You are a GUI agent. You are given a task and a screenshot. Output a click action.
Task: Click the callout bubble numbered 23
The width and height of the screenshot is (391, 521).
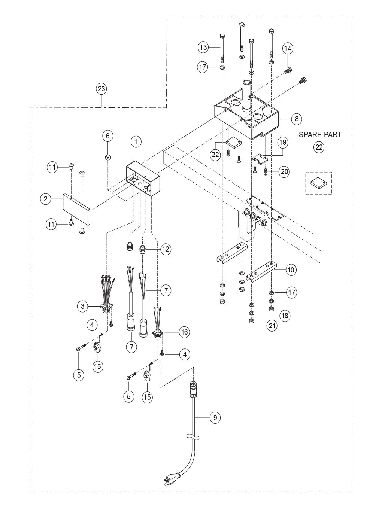click(101, 89)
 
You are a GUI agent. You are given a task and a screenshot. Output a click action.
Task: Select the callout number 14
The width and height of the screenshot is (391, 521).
click(288, 48)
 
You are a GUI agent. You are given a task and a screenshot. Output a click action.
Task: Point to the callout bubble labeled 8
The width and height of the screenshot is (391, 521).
click(297, 119)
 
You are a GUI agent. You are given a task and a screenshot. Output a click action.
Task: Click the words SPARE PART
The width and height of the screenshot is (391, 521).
click(320, 135)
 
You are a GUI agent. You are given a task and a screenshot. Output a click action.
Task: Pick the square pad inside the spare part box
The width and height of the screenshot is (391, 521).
click(318, 183)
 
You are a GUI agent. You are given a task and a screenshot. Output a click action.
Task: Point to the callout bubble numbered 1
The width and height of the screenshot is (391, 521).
click(136, 141)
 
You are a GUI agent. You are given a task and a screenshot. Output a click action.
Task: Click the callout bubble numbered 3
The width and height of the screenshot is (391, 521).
click(83, 307)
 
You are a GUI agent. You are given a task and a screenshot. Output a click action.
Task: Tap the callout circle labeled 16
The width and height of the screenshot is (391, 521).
click(184, 332)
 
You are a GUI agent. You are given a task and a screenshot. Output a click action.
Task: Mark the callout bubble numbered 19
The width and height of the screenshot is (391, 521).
click(282, 142)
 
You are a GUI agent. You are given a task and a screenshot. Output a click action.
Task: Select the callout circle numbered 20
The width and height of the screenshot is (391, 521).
click(284, 172)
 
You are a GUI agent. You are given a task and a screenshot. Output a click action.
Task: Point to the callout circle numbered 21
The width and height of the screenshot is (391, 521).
click(272, 326)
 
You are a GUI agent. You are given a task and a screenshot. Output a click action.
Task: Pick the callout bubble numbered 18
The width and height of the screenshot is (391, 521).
click(285, 315)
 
